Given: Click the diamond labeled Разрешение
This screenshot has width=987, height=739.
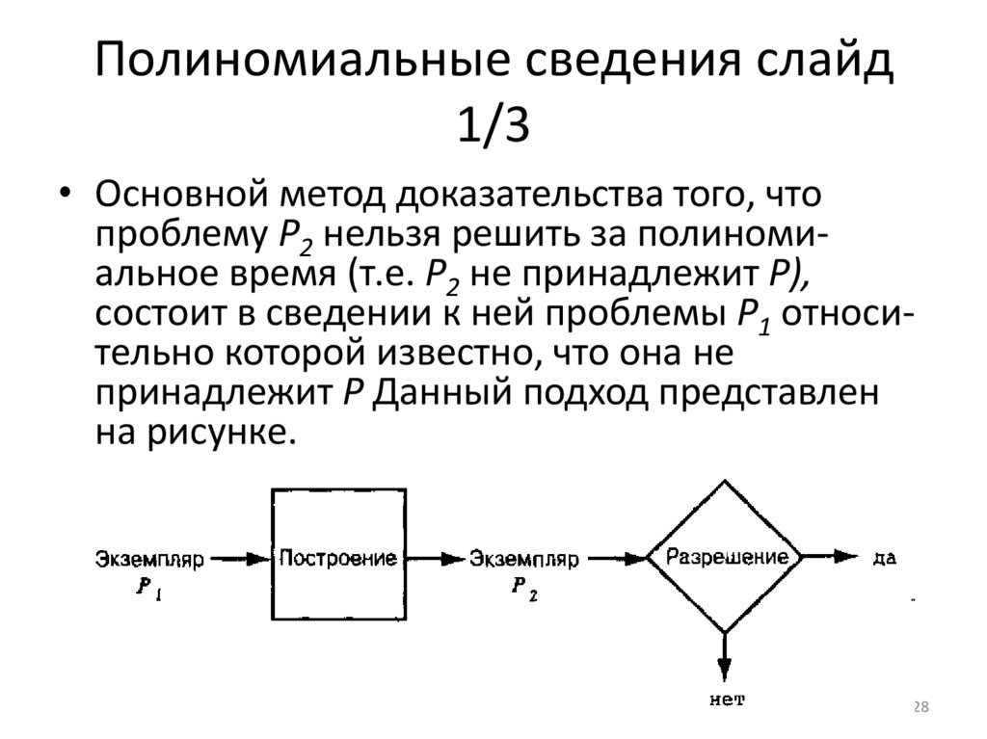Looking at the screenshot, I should pos(724,557).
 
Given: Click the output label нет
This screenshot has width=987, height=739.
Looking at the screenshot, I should pos(727,699).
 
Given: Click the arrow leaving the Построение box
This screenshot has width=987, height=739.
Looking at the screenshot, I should pos(430,558).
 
